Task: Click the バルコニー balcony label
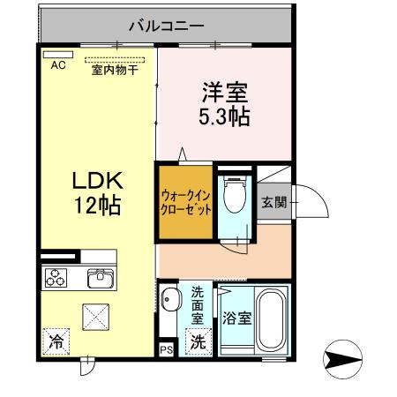pos(167,24)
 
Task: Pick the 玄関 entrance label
pos(273,202)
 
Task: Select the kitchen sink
pos(100,280)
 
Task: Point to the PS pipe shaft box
pos(167,348)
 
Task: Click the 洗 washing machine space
pos(199,341)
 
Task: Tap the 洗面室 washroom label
pos(198,303)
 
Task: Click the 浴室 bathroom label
pos(236,320)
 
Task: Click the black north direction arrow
pos(344,360)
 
